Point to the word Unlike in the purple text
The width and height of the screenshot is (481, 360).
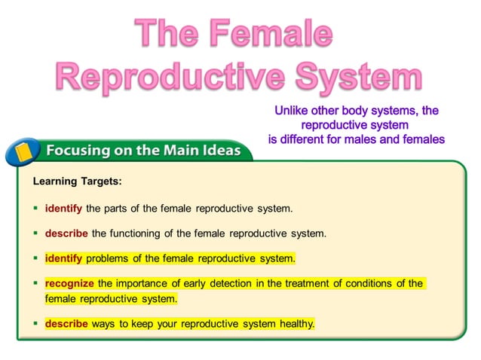pyautogui.click(x=296, y=111)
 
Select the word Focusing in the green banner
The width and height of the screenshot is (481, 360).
pyautogui.click(x=75, y=151)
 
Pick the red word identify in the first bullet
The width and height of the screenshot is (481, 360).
pyautogui.click(x=63, y=208)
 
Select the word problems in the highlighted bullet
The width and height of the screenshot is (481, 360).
pyautogui.click(x=108, y=258)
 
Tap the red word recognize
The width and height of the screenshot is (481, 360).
pyautogui.click(x=69, y=283)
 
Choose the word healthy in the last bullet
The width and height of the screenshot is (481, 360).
pyautogui.click(x=295, y=324)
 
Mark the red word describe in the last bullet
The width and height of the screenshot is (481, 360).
pyautogui.click(x=66, y=324)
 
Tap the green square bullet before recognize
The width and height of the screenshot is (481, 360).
pyautogui.click(x=35, y=283)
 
